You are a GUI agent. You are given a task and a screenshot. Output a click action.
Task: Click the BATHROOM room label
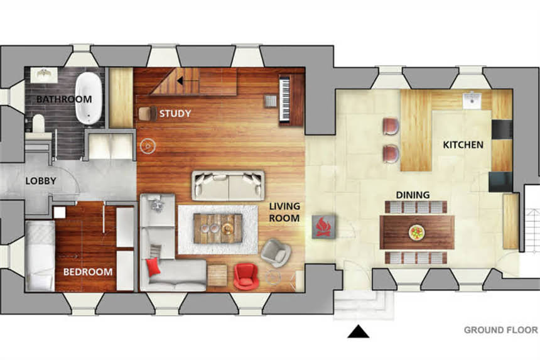pyautogui.click(x=64, y=99)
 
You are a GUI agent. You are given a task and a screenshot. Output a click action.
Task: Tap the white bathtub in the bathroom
pyautogui.click(x=89, y=98)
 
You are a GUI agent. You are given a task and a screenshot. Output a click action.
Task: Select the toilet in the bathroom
pyautogui.click(x=38, y=123)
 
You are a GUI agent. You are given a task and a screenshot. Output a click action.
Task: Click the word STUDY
pyautogui.click(x=175, y=113)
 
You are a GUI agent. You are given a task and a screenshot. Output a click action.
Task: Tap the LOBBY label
pyautogui.click(x=41, y=181)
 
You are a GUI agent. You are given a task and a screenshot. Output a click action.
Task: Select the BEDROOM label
pyautogui.click(x=88, y=272)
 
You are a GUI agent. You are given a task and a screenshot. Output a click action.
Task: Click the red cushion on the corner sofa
pyautogui.click(x=153, y=267)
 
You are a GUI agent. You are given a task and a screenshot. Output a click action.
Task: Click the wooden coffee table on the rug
pyautogui.click(x=218, y=229)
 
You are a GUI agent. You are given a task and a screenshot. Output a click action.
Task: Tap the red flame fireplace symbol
pyautogui.click(x=323, y=227)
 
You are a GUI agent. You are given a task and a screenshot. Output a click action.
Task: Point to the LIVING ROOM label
pyautogui.click(x=284, y=212)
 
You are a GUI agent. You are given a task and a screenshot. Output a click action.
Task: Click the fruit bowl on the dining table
pyautogui.click(x=417, y=232)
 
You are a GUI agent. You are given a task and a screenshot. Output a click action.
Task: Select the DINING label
pyautogui.click(x=413, y=195)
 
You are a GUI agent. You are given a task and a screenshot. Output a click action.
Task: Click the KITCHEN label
pyautogui.click(x=463, y=145)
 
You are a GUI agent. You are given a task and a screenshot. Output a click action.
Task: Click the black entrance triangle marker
pyautogui.click(x=358, y=332)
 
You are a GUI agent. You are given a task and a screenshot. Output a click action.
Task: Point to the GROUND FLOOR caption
pyautogui.click(x=500, y=330)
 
